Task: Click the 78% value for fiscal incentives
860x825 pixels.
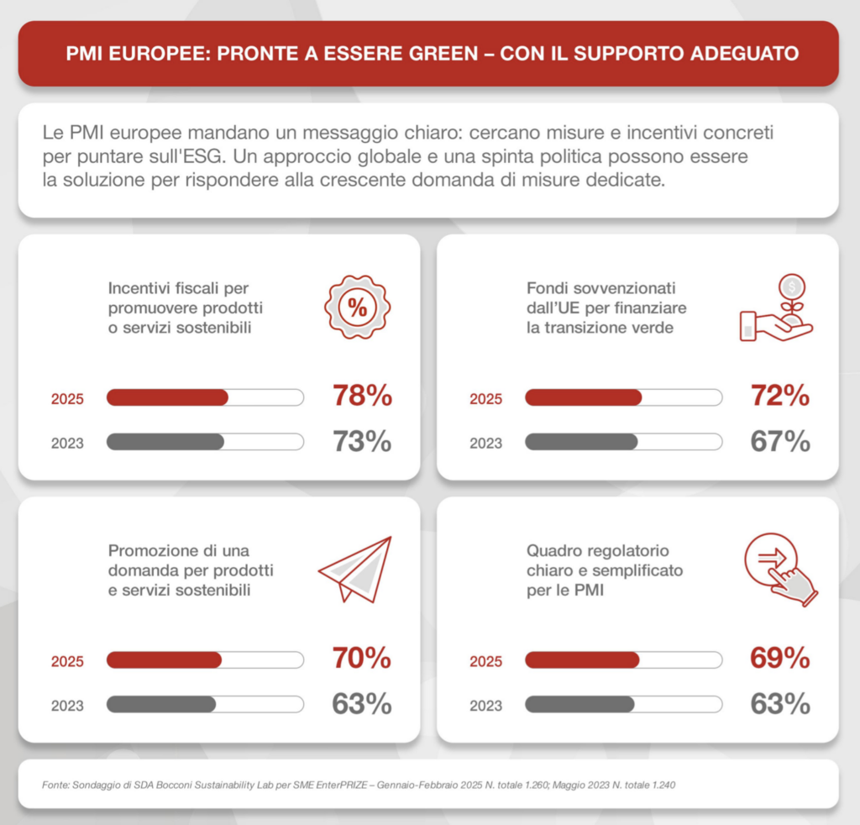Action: [363, 396]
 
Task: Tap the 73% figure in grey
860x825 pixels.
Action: [363, 441]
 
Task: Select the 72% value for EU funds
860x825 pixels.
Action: [780, 396]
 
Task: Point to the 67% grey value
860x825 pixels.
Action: [780, 441]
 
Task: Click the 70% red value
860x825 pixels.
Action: [362, 658]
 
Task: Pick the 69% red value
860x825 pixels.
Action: [780, 658]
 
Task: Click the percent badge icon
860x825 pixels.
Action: [358, 307]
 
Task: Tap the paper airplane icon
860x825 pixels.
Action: [355, 570]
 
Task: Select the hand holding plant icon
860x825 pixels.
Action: [776, 307]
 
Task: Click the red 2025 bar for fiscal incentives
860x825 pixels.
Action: [167, 397]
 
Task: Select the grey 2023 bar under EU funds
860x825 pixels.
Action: [581, 442]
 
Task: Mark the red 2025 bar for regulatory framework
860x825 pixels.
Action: [583, 659]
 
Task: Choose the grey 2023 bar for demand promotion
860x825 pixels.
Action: [161, 704]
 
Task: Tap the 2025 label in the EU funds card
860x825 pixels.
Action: [486, 399]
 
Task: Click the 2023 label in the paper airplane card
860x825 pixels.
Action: [67, 706]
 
